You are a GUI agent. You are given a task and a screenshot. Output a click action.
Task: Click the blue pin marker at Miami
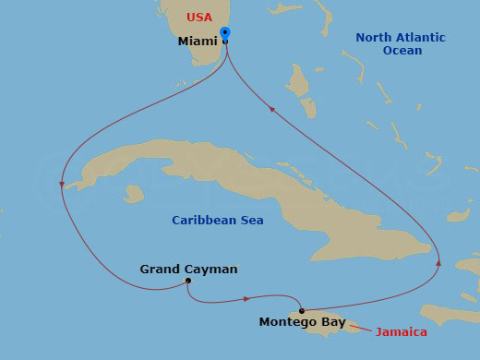tap(225, 35)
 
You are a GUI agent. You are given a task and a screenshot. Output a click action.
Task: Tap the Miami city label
tap(197, 42)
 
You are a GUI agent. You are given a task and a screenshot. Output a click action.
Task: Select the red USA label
tap(198, 18)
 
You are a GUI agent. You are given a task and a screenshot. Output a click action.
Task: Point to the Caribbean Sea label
tap(218, 220)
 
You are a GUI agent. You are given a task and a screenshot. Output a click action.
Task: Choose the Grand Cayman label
tap(188, 269)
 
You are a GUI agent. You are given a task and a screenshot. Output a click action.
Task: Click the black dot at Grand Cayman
tap(187, 281)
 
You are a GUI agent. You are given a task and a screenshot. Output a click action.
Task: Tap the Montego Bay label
tap(302, 322)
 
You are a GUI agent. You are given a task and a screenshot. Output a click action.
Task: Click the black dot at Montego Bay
tap(302, 310)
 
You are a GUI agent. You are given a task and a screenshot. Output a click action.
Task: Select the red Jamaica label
tap(402, 331)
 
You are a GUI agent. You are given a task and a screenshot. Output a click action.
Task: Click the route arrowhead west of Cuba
tap(61, 185)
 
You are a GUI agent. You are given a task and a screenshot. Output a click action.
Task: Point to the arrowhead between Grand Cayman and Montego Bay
tap(246, 298)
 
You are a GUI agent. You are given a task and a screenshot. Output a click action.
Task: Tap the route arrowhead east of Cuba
tap(438, 264)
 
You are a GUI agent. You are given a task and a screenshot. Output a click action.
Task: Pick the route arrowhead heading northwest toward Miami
tap(271, 108)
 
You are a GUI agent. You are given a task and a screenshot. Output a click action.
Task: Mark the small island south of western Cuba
tap(135, 194)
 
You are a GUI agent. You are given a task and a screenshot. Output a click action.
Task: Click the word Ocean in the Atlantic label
tap(402, 51)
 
